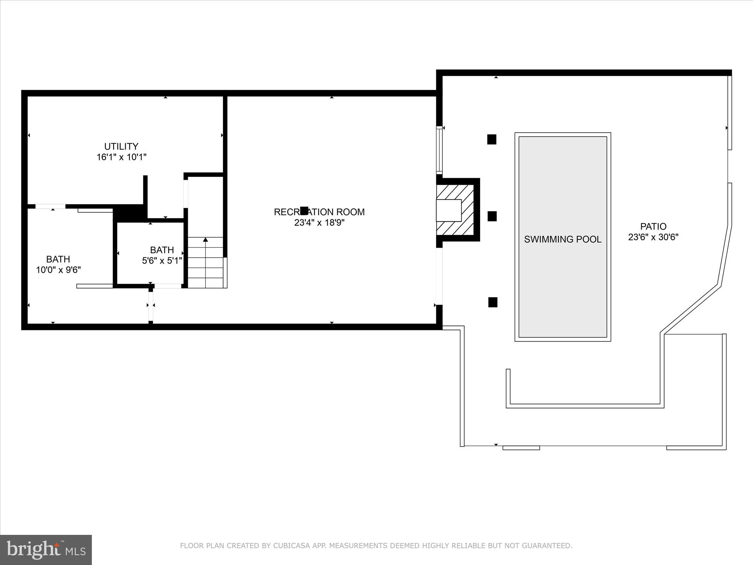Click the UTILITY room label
tap(121, 146)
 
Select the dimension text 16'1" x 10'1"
tap(121, 157)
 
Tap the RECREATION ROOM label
tap(319, 212)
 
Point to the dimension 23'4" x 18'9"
tap(319, 223)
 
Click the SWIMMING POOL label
tap(562, 239)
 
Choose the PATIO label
tap(653, 226)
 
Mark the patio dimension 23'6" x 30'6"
tap(653, 237)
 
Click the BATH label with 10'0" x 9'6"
tap(58, 259)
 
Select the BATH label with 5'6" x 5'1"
tap(162, 250)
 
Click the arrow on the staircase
tap(205, 240)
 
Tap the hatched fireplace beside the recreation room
tap(456, 210)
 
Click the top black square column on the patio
tap(492, 139)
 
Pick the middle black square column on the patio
tap(492, 216)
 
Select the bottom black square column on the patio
tap(492, 302)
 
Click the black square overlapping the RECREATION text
tap(304, 211)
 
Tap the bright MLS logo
tap(46, 550)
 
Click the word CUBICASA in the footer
tap(294, 546)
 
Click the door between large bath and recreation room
tap(151, 305)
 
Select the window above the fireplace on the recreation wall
tap(439, 150)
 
